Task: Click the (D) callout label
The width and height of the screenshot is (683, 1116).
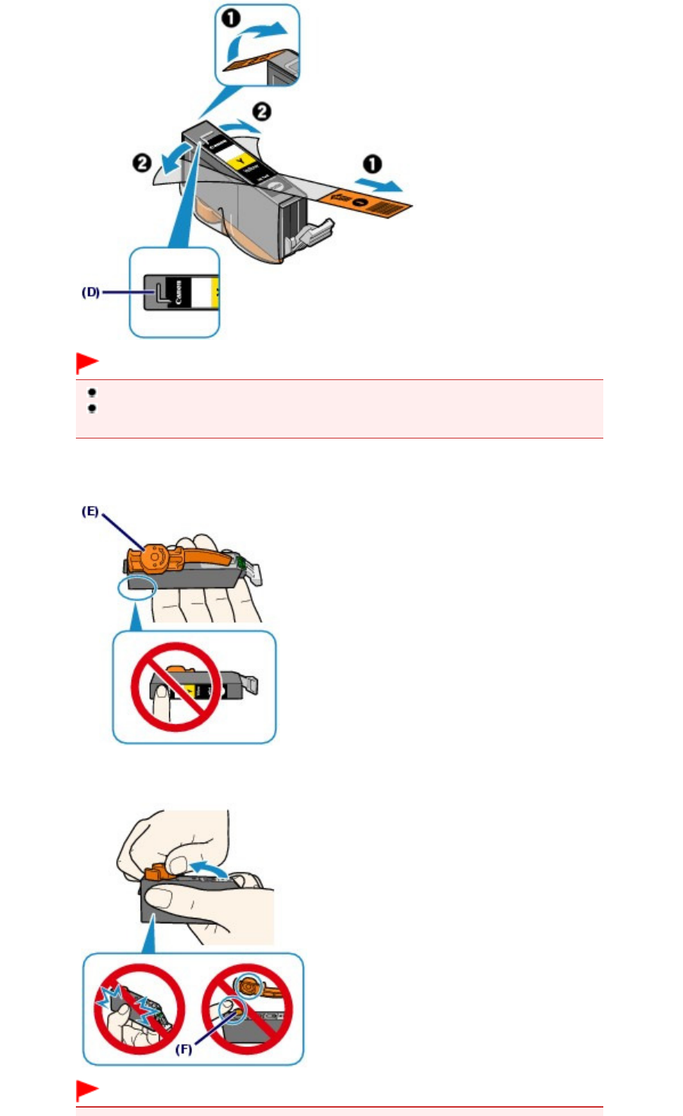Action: [x=90, y=291]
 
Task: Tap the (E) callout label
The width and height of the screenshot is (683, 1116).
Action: [x=90, y=511]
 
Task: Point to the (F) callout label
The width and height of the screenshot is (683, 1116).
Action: [x=184, y=1050]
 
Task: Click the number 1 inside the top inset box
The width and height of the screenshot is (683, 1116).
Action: [x=231, y=17]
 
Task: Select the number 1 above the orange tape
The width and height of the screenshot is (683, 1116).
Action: [x=372, y=165]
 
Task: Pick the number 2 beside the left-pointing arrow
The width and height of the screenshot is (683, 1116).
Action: [x=142, y=162]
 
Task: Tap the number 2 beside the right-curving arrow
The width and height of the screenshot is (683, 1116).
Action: [x=261, y=112]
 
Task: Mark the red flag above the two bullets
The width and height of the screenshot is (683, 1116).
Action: [x=87, y=363]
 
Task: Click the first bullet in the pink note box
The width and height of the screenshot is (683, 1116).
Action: [x=92, y=393]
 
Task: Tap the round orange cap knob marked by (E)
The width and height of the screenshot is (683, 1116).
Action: [x=153, y=556]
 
